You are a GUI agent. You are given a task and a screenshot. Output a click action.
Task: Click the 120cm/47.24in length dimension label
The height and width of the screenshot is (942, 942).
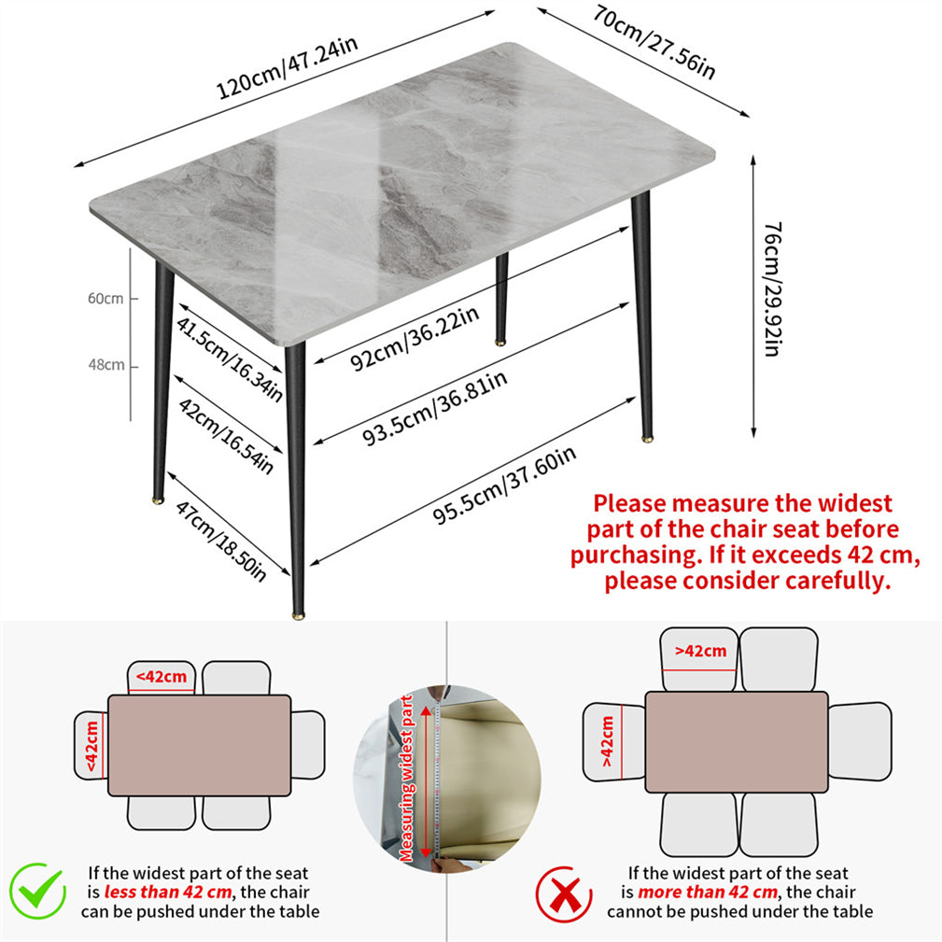[x=288, y=67]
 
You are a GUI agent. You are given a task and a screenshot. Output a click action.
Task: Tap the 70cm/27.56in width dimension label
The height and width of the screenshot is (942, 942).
[x=654, y=42]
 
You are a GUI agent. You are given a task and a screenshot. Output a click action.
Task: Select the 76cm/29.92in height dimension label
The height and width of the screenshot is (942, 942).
[x=773, y=289]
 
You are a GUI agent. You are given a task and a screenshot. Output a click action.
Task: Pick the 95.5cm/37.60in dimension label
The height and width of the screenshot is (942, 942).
[x=505, y=485]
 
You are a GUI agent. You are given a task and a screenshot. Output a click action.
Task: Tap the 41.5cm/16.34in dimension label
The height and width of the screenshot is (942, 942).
[x=230, y=359]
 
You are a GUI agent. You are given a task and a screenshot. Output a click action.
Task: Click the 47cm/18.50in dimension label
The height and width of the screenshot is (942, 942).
[x=220, y=541]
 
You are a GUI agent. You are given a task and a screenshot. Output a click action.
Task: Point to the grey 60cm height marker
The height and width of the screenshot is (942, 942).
[x=105, y=298]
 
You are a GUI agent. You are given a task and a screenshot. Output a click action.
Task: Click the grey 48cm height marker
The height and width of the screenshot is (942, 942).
[x=106, y=365]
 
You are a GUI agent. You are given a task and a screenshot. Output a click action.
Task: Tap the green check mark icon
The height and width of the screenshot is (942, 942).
[x=38, y=891]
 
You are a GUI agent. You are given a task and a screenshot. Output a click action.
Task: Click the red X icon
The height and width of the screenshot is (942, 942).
[x=564, y=894]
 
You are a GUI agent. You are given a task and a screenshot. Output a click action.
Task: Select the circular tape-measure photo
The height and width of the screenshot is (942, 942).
[x=447, y=779]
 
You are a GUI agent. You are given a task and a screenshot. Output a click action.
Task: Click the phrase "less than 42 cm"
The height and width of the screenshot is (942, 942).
[x=168, y=892]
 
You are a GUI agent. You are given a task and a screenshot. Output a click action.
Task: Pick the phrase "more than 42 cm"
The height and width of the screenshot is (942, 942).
[x=707, y=892]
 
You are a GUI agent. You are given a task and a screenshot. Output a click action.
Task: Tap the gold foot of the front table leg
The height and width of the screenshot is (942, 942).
[x=298, y=615]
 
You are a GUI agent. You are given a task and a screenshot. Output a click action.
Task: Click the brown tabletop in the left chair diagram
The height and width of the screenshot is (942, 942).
[x=200, y=746]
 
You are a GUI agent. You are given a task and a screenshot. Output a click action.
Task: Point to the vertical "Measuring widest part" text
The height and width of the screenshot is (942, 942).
[x=407, y=779]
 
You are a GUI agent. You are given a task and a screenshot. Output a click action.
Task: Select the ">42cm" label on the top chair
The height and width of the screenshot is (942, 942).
[x=700, y=651]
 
